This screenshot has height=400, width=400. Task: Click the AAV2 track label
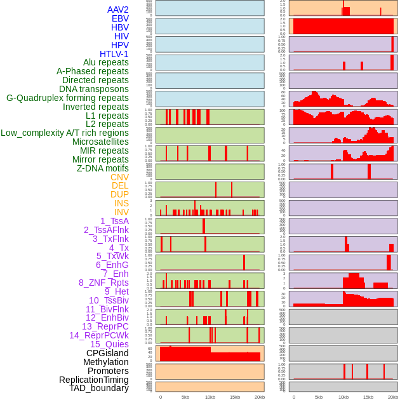118,10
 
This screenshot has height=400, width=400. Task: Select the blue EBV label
120,18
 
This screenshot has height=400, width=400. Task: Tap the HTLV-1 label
114,54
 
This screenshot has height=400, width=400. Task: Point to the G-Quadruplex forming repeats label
67,98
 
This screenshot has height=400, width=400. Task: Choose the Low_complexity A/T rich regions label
65,133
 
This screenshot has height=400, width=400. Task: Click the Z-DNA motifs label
103,168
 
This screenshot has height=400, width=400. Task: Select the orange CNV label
119,177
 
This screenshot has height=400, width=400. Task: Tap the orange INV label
121,212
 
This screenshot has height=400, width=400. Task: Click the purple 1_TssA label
114,221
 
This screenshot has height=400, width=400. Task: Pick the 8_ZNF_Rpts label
103,283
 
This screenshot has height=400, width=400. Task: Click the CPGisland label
107,353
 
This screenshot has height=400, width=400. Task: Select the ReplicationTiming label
94,380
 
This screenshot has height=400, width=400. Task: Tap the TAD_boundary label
99,388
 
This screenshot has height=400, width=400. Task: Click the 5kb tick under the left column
185,397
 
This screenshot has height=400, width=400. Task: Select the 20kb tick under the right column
393,397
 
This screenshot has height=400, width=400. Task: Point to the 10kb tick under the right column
343,397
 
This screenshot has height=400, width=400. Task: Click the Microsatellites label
100,142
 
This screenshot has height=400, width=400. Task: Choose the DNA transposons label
94,89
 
